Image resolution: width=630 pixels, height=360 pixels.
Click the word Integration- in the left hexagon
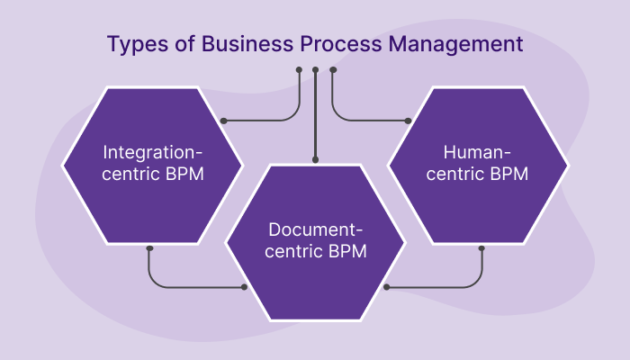152,150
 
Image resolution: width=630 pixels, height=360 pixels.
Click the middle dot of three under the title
315,69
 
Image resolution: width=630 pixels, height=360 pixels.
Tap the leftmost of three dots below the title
299,69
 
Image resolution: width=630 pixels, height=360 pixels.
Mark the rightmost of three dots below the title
332,69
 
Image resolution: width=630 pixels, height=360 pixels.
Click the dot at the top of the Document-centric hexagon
315,158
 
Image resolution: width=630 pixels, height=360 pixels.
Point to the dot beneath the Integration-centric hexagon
150,247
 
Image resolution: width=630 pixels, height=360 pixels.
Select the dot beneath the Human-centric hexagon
481,247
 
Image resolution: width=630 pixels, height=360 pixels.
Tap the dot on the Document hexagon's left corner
244,287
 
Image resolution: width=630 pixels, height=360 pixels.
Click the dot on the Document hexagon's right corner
386,287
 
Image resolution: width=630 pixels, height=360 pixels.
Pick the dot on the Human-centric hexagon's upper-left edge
407,120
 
